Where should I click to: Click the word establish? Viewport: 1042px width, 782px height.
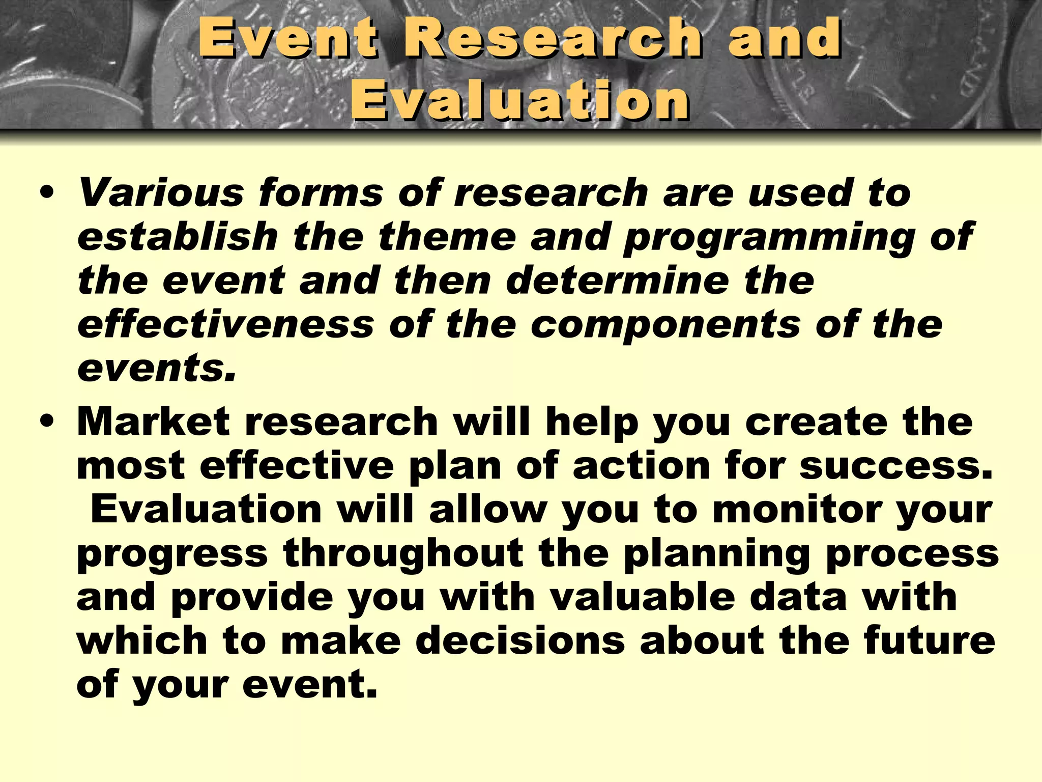178,237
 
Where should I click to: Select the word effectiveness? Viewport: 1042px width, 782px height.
225,324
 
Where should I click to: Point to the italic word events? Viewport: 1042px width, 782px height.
156,369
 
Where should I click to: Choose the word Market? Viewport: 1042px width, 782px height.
153,422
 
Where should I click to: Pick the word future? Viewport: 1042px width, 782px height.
929,641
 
